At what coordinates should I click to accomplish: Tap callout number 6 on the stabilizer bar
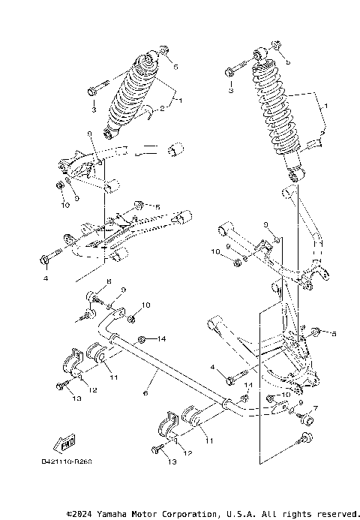pos(145,392)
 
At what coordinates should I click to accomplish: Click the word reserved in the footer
pos(334,513)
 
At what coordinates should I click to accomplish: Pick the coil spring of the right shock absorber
pos(276,113)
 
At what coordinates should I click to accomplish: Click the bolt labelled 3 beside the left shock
pos(94,91)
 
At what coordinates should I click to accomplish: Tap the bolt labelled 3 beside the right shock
pos(232,72)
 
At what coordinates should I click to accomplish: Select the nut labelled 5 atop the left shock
pos(163,53)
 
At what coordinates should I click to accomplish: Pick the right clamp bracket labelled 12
pos(166,430)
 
